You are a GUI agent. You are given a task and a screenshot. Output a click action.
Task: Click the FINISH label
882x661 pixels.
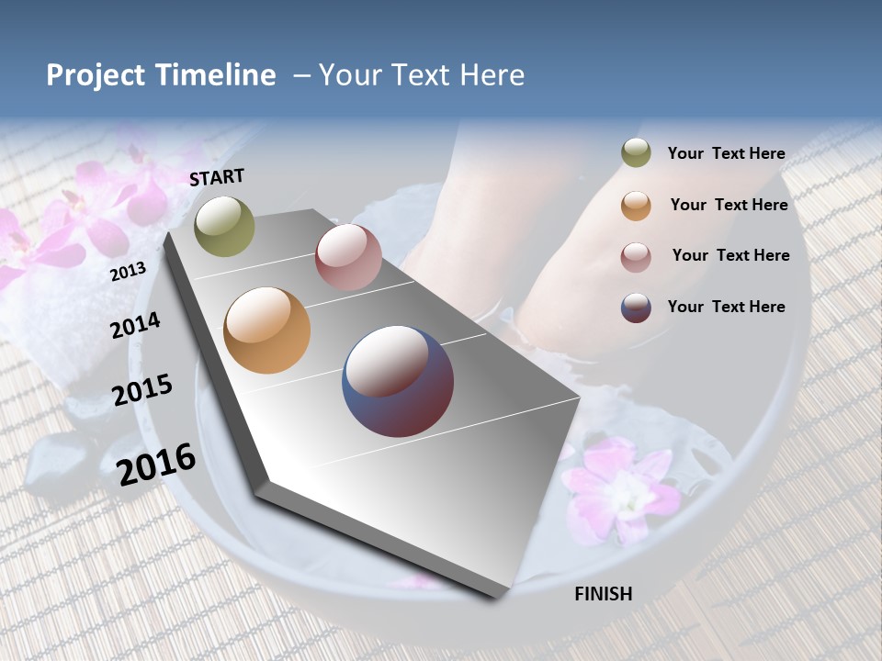(x=603, y=594)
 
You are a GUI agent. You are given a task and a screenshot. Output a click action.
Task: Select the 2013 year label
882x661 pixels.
(x=129, y=272)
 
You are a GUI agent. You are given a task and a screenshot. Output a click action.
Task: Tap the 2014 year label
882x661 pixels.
(x=136, y=325)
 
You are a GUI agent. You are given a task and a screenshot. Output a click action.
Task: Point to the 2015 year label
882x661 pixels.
(x=142, y=390)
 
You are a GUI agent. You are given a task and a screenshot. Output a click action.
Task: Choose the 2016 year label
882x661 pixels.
(x=157, y=465)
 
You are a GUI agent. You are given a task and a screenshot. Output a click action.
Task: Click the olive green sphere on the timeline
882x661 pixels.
(x=224, y=226)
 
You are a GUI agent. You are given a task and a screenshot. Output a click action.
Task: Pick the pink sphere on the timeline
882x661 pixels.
(x=348, y=256)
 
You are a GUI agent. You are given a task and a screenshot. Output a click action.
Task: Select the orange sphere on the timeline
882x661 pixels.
(x=266, y=330)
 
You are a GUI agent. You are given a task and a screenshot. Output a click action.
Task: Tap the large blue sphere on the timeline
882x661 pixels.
(x=398, y=381)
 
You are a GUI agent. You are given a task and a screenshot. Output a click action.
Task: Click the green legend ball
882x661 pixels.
(x=636, y=153)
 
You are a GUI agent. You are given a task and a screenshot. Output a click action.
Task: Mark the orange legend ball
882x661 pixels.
(x=636, y=205)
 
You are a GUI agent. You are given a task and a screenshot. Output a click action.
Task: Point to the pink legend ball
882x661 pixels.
(x=636, y=256)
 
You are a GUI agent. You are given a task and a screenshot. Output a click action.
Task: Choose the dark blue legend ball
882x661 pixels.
(x=636, y=308)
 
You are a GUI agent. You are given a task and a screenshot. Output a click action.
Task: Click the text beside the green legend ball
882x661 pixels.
(x=726, y=153)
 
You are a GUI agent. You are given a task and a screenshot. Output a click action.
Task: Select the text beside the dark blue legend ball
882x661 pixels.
(x=726, y=307)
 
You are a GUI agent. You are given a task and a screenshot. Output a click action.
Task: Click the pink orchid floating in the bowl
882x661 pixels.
(x=616, y=487)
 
